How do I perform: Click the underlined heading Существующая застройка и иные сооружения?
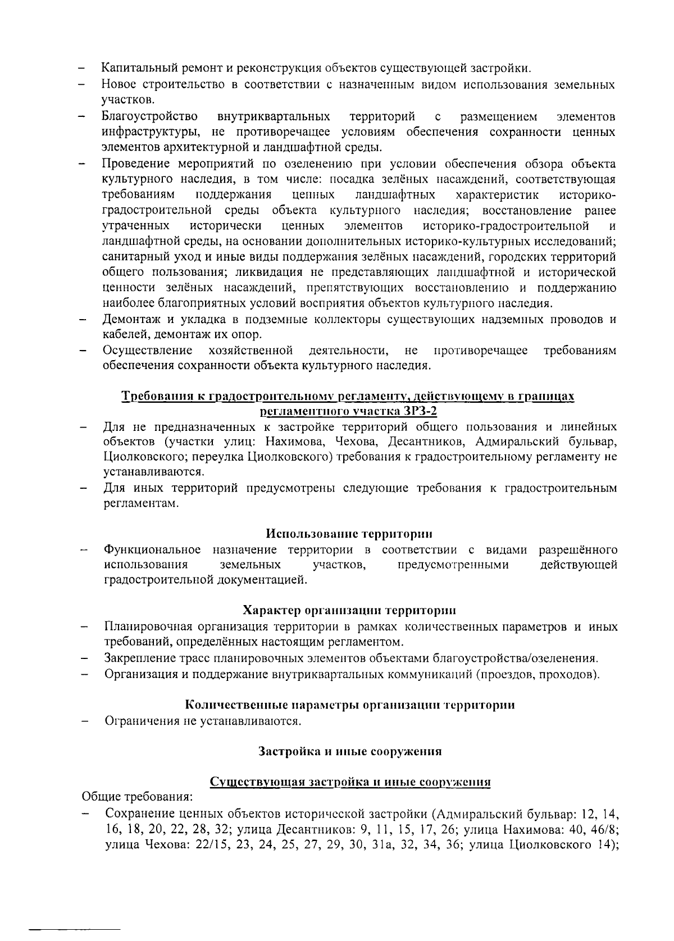(350, 781)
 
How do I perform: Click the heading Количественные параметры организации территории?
(350, 704)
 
